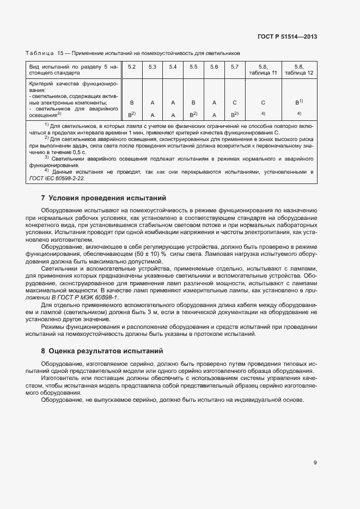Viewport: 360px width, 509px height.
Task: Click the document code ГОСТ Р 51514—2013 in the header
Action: (x=287, y=37)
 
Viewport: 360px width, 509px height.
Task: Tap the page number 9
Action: (x=315, y=463)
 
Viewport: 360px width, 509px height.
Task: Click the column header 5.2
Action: (x=132, y=67)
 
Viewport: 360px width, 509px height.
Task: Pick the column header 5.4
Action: (x=173, y=67)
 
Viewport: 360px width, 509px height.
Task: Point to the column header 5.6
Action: (x=214, y=67)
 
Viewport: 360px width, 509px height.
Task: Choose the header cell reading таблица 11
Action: (x=263, y=72)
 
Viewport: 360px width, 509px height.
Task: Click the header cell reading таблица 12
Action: (x=299, y=72)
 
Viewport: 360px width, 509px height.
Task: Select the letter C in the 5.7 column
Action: (x=234, y=102)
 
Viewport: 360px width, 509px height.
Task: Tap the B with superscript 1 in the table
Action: (x=298, y=102)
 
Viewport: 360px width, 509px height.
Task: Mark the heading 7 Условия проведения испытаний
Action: (x=103, y=198)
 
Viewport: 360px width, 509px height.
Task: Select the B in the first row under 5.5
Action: (x=193, y=102)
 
